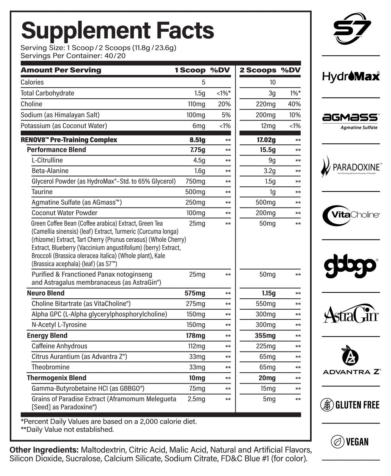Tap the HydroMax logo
click(351, 76)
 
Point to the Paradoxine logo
click(351, 167)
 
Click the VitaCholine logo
click(351, 214)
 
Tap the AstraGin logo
click(351, 314)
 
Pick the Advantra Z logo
click(351, 361)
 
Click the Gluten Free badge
click(351, 404)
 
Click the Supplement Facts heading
click(117, 31)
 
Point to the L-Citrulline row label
click(47, 160)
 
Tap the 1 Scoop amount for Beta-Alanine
click(197, 171)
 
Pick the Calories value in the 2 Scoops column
click(272, 82)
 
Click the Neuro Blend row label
click(45, 293)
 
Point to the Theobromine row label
click(50, 367)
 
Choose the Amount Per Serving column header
click(61, 70)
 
